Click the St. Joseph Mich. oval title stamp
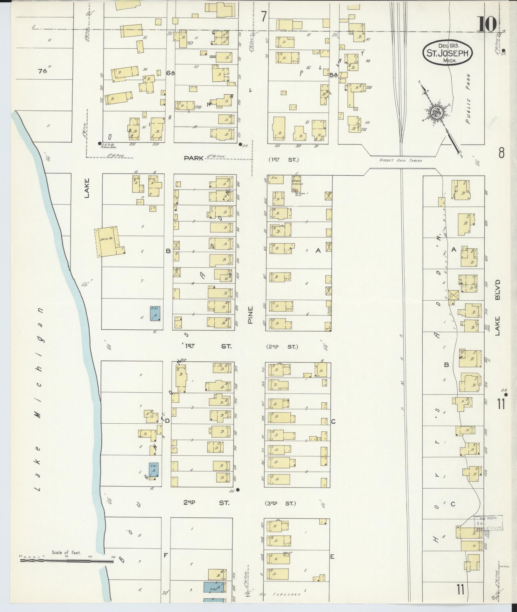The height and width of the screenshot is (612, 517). coord(447,53)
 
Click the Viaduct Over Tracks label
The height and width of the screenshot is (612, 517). coord(401,161)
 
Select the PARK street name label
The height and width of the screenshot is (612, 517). coord(193,158)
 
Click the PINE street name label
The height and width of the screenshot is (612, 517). coord(250,315)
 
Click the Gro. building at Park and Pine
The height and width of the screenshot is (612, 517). coord(273,179)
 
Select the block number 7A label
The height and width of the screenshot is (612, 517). coord(44,72)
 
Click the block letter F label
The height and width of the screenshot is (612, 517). coord(165,555)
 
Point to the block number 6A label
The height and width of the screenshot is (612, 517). coord(171,73)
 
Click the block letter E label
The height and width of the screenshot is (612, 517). coord(332,556)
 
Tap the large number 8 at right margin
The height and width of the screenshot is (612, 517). coord(501,153)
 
